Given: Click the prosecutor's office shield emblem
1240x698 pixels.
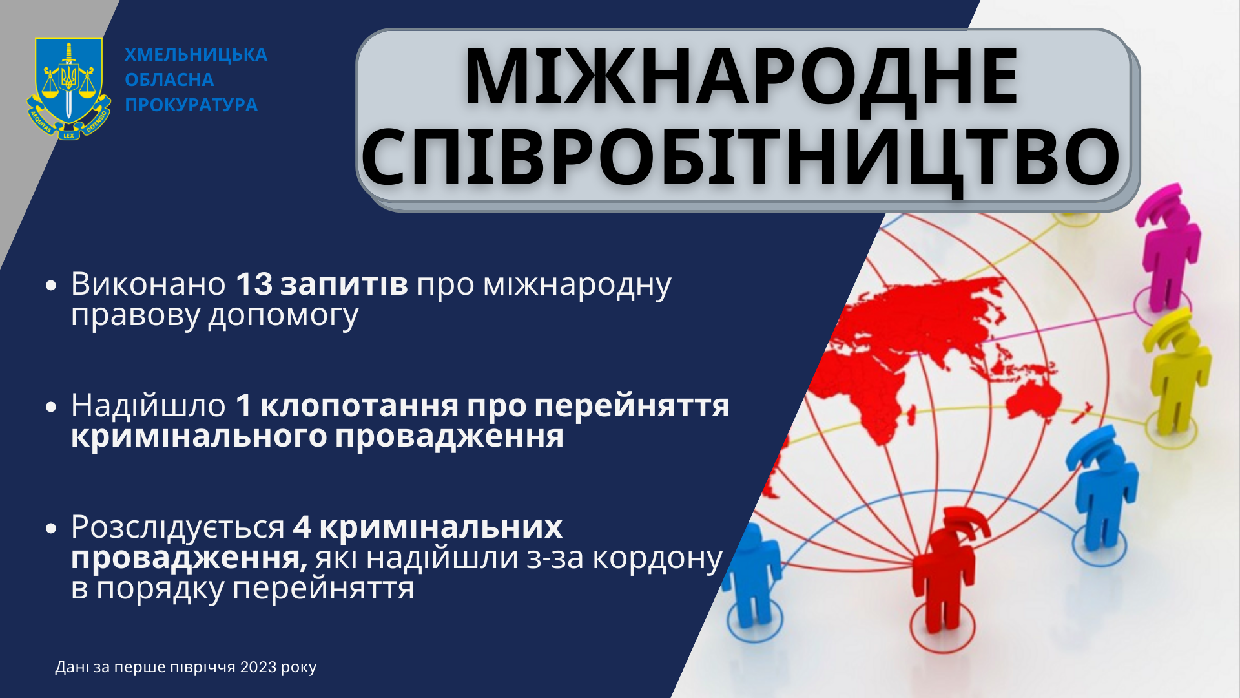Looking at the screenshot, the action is (68, 89).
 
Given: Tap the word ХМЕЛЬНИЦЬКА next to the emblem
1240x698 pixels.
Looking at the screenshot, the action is (196, 55).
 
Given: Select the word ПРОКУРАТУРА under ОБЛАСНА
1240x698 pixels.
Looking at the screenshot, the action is (191, 105).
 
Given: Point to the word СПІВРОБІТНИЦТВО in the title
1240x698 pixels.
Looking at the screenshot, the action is (741, 158).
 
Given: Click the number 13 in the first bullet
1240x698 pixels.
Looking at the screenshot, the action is (254, 284).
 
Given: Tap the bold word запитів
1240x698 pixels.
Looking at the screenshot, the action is (344, 284).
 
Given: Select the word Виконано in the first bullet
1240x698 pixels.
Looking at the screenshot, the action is (149, 284).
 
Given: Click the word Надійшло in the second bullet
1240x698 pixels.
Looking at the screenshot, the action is (149, 406).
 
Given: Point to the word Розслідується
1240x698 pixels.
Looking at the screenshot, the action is (178, 527).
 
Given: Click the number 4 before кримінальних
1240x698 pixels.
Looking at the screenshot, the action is (302, 527).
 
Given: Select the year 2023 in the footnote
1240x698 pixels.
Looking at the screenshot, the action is (258, 667).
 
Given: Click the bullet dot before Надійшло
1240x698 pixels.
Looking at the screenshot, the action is (52, 407).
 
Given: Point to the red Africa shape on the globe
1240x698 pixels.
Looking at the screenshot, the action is (859, 388).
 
